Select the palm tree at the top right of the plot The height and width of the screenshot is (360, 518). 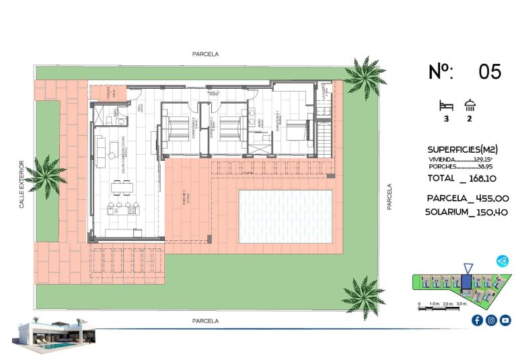click(363, 78)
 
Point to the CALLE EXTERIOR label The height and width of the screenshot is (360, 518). click(22, 184)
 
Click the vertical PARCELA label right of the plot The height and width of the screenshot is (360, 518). click(389, 197)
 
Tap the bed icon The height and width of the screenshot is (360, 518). click(445, 106)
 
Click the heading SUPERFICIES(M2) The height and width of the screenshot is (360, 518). click(463, 149)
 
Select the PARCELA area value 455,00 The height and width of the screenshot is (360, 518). click(489, 199)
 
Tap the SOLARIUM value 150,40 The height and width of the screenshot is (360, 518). click(489, 212)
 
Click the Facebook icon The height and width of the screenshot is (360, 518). click(477, 320)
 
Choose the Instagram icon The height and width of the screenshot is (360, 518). click(491, 320)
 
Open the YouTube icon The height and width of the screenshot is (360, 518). click(505, 320)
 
